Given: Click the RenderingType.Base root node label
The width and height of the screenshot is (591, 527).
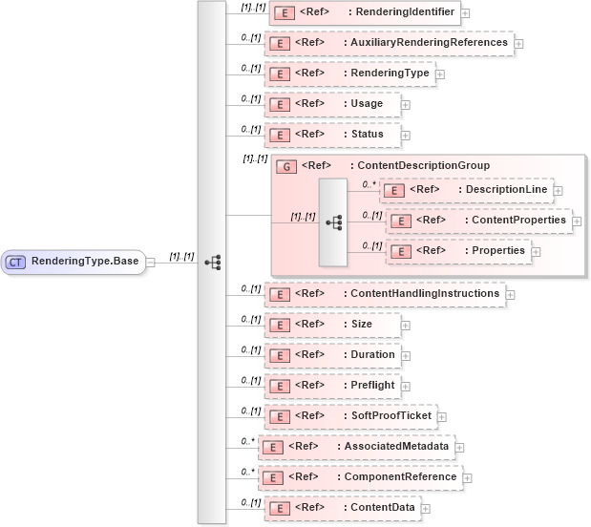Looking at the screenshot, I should click(84, 262).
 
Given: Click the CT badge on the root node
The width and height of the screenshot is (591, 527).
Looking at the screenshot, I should click(16, 262).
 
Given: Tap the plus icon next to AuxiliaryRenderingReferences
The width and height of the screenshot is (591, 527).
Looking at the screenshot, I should click(518, 43).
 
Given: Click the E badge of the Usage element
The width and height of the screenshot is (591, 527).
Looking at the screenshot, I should click(278, 104).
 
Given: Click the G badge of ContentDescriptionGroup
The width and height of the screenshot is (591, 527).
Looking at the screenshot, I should click(285, 166).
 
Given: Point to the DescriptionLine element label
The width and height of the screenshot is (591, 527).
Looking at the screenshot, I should click(506, 190).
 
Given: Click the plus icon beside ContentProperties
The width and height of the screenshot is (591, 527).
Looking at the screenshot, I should click(578, 221).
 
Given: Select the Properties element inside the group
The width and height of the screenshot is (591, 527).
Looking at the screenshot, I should click(498, 251).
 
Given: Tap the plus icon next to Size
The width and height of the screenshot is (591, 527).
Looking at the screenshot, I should click(406, 326).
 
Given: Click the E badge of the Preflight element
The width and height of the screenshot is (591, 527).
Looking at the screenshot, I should click(278, 387).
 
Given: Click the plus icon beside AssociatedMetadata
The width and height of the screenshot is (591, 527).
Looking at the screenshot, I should click(459, 447).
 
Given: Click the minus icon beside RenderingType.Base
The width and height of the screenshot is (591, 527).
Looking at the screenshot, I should click(151, 262).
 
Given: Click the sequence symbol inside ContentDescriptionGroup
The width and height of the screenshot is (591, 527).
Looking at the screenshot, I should click(333, 221).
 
